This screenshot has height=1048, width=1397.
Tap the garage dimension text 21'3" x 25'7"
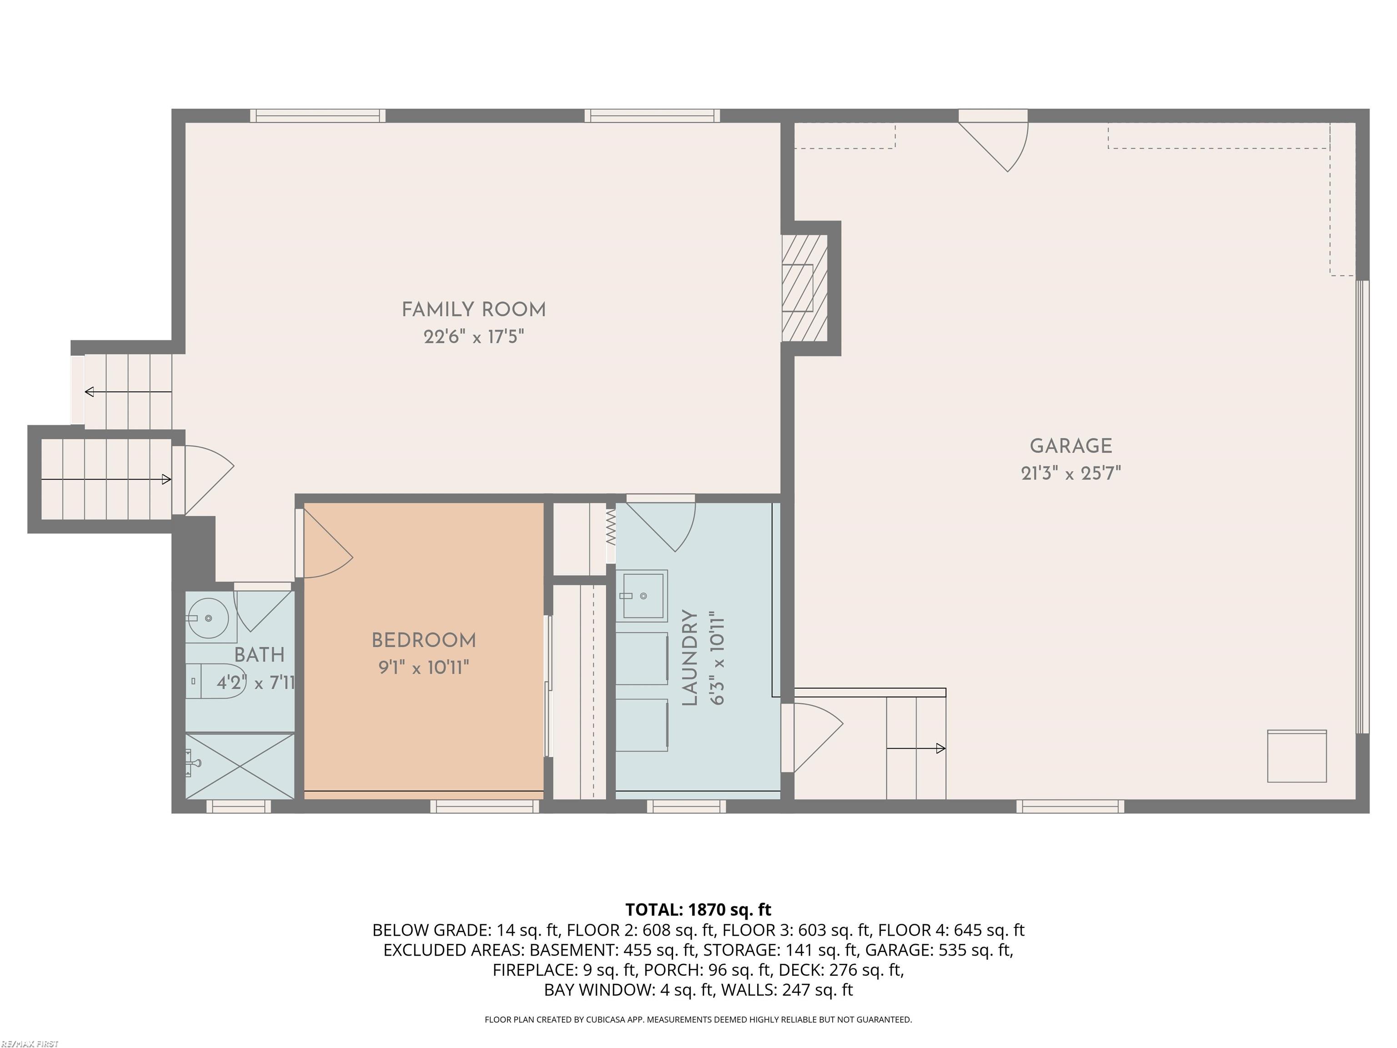coord(1070,473)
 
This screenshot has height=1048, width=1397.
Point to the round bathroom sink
coord(208,618)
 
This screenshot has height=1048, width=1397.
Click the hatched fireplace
coord(804,288)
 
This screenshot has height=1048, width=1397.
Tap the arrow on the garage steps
coord(916,749)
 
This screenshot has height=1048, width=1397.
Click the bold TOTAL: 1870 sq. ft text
coord(698,910)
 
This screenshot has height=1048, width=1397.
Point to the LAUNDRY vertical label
coord(690,657)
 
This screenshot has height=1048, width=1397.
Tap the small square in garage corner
coord(1296,756)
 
